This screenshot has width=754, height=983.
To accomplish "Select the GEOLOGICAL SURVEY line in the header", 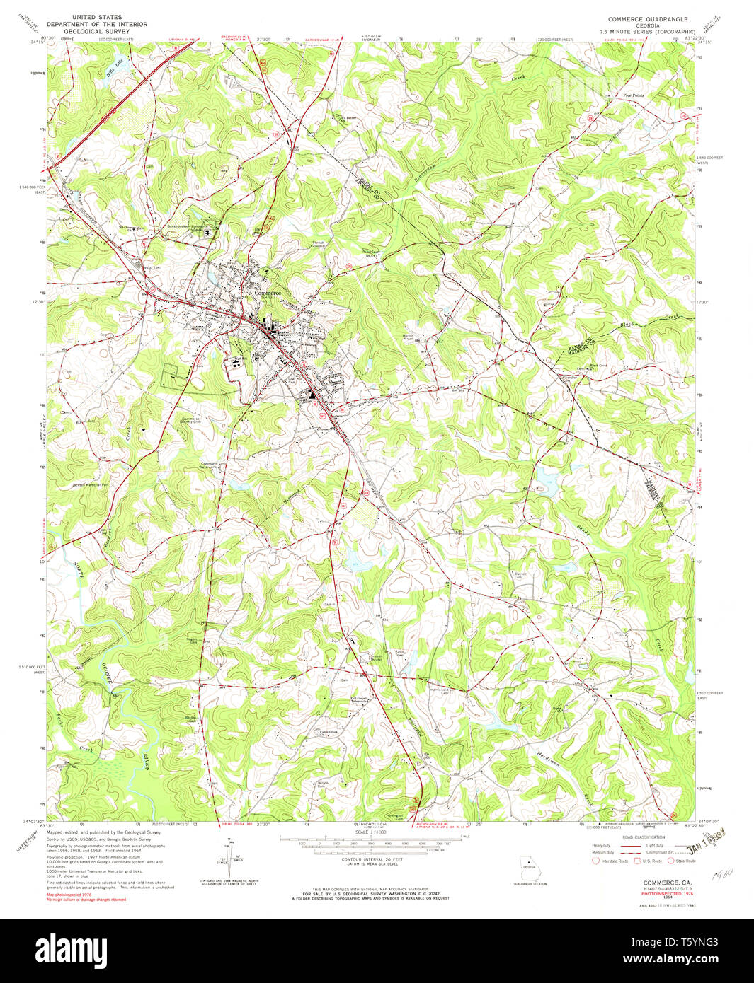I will pyautogui.click(x=96, y=32).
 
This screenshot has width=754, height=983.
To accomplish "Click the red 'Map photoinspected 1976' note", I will pyautogui.click(x=69, y=895).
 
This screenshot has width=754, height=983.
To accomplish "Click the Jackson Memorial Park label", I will pyautogui.click(x=90, y=486).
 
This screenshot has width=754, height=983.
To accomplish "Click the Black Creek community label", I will pyautogui.click(x=598, y=366).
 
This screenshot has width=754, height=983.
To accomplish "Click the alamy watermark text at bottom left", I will pyautogui.click(x=71, y=948).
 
